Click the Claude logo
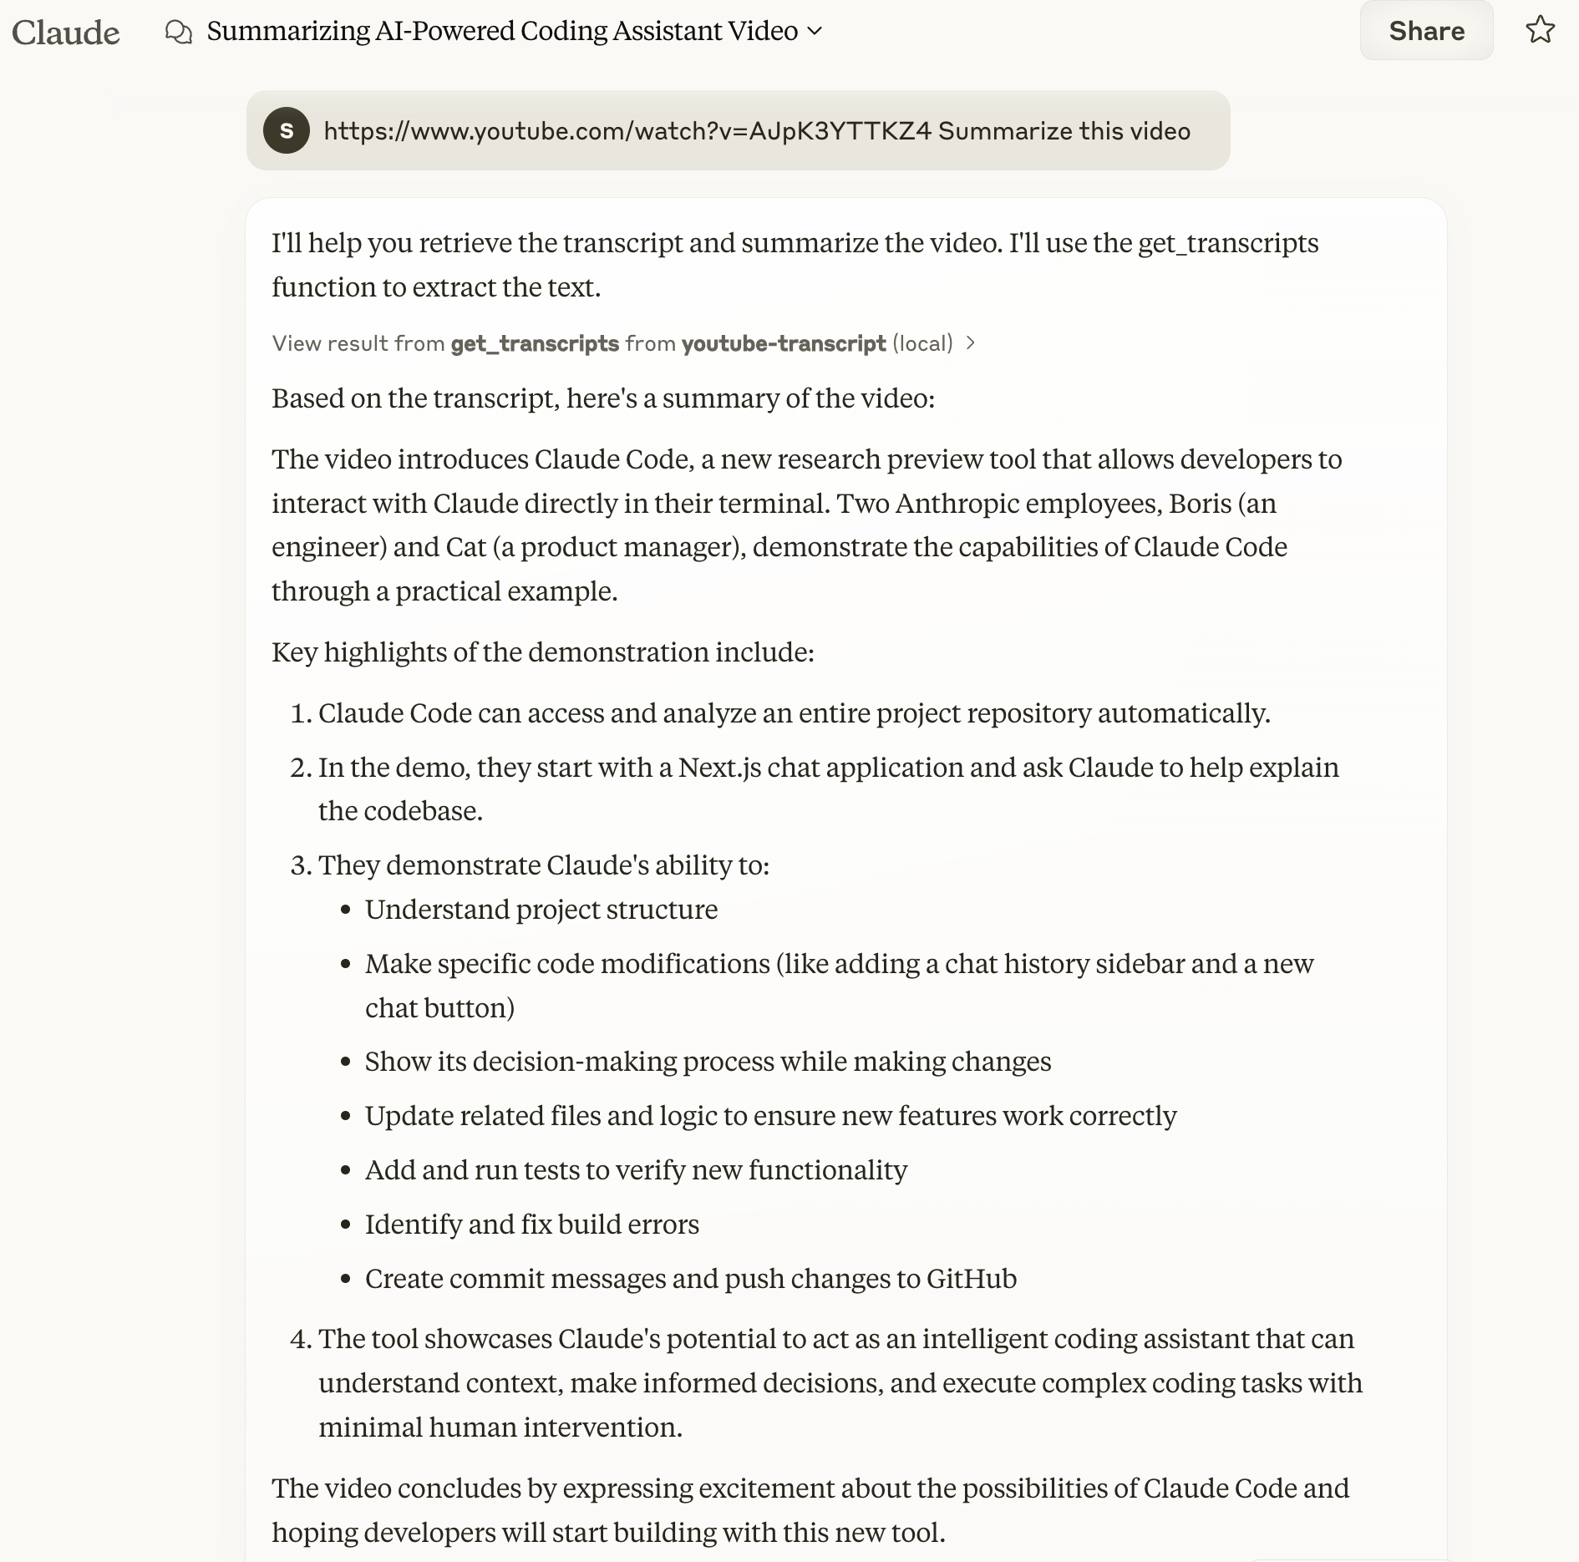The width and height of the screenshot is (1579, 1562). click(x=66, y=33)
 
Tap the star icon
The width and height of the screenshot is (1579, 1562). click(x=1540, y=31)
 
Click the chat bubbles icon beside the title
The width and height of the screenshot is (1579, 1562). click(x=179, y=32)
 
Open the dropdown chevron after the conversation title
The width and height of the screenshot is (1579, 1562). click(x=815, y=32)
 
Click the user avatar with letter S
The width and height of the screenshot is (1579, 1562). click(x=287, y=130)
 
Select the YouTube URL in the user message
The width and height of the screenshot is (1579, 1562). click(x=627, y=131)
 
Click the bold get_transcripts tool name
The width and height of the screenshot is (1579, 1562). click(x=535, y=343)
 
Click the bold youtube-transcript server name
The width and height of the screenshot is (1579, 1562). click(x=783, y=343)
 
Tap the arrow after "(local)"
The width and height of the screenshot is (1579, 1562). click(x=970, y=343)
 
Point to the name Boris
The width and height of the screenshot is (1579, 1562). click(x=1200, y=504)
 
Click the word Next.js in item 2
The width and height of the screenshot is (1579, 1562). click(x=719, y=768)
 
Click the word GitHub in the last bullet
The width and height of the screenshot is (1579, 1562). click(x=972, y=1279)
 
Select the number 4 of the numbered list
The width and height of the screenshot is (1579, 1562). click(x=299, y=1340)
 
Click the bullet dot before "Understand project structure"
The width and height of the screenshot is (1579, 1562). click(x=346, y=910)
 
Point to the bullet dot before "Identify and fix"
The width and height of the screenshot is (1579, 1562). click(x=346, y=1225)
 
